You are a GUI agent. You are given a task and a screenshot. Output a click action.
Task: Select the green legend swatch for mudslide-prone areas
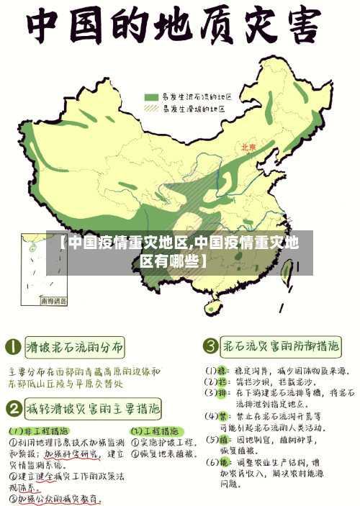point(151,96)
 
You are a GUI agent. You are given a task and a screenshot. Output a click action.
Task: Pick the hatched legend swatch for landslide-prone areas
point(151,109)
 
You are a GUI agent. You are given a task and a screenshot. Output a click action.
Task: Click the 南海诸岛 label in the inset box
point(53,300)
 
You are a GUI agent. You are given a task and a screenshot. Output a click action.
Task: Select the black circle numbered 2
point(12,410)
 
